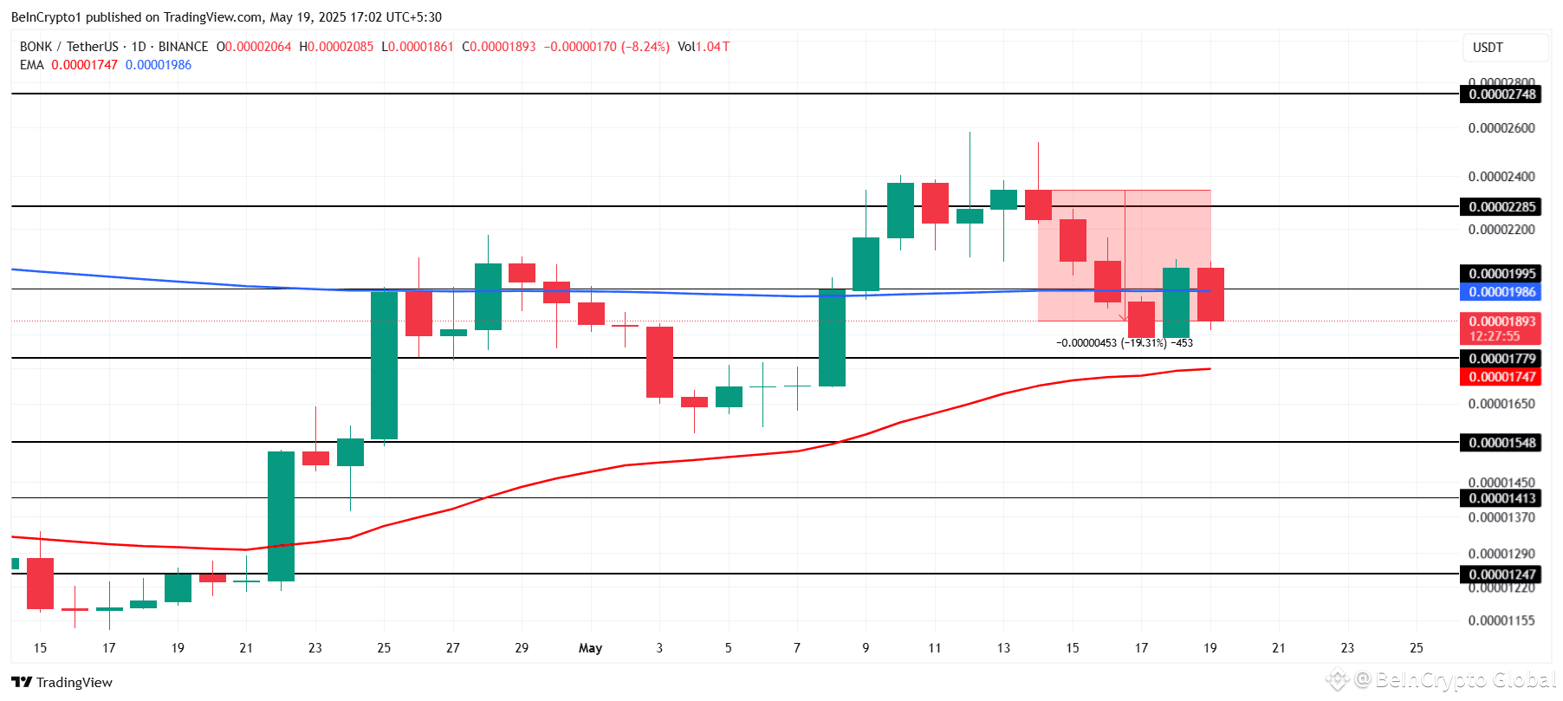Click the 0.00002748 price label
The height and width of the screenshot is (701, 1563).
1501,94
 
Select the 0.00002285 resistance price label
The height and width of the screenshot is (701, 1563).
1501,206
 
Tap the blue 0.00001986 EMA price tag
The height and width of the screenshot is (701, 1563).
1501,292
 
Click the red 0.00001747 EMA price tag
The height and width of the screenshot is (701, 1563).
1501,377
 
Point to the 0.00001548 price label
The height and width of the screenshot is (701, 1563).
1501,443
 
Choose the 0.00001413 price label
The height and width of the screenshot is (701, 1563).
1501,498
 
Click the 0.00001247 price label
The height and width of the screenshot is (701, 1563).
1501,574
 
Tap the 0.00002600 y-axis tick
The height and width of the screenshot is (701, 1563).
1501,128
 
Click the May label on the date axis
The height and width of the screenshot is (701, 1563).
590,648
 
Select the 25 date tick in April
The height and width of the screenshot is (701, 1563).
384,648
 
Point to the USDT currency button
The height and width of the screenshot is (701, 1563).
1488,48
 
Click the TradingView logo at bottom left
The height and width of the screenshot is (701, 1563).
62,682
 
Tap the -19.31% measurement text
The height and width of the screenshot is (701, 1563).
1143,343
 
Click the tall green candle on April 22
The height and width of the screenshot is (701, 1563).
281,516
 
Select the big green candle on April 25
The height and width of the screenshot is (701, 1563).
384,365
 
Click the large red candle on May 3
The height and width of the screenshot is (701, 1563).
659,362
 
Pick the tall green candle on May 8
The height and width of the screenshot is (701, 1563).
832,338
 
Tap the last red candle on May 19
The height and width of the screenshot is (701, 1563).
1210,295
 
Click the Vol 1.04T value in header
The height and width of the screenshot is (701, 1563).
704,47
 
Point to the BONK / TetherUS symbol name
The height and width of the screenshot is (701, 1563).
69,47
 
